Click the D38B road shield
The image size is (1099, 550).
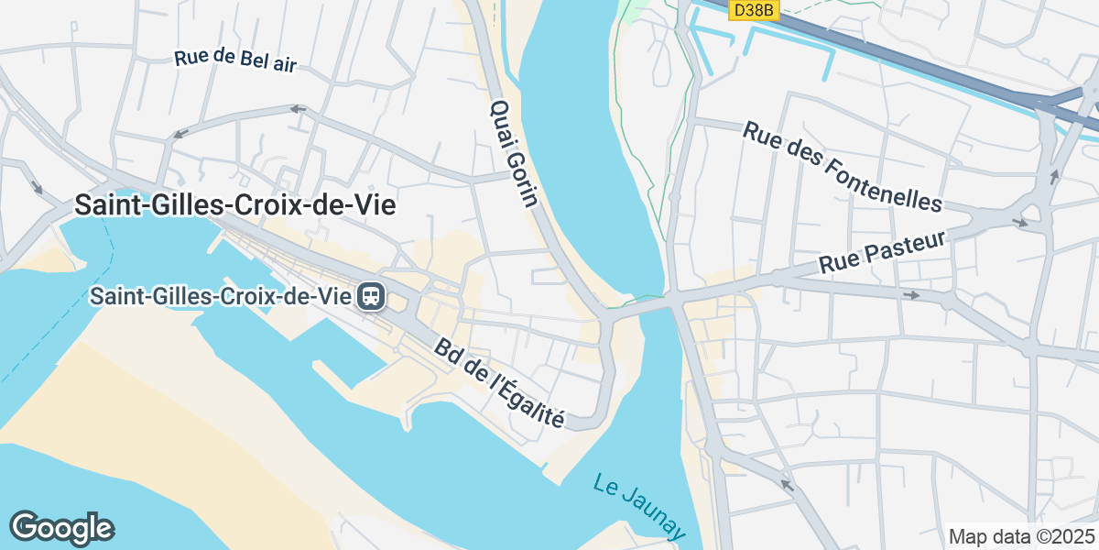click(x=754, y=10)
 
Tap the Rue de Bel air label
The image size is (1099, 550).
click(x=236, y=60)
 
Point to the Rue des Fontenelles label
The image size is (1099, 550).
click(x=842, y=166)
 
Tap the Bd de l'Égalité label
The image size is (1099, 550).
click(x=499, y=383)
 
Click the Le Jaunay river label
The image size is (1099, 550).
click(x=639, y=507)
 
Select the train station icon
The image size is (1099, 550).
click(x=372, y=296)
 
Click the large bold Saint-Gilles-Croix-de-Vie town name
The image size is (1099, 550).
click(x=235, y=205)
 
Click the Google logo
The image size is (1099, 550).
click(x=61, y=528)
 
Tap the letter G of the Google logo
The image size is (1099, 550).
click(x=24, y=527)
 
